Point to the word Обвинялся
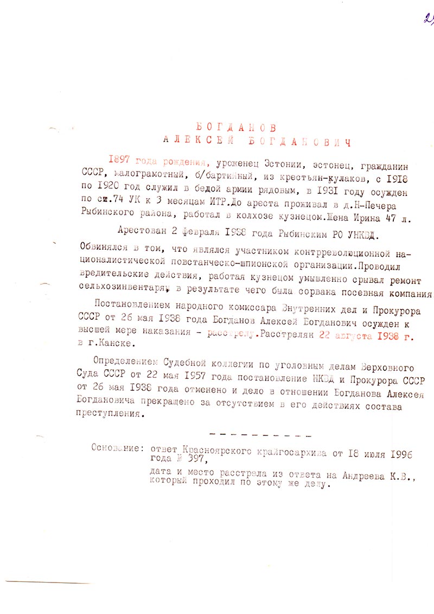click(x=103, y=246)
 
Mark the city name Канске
click(x=116, y=344)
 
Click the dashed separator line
click(x=259, y=435)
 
